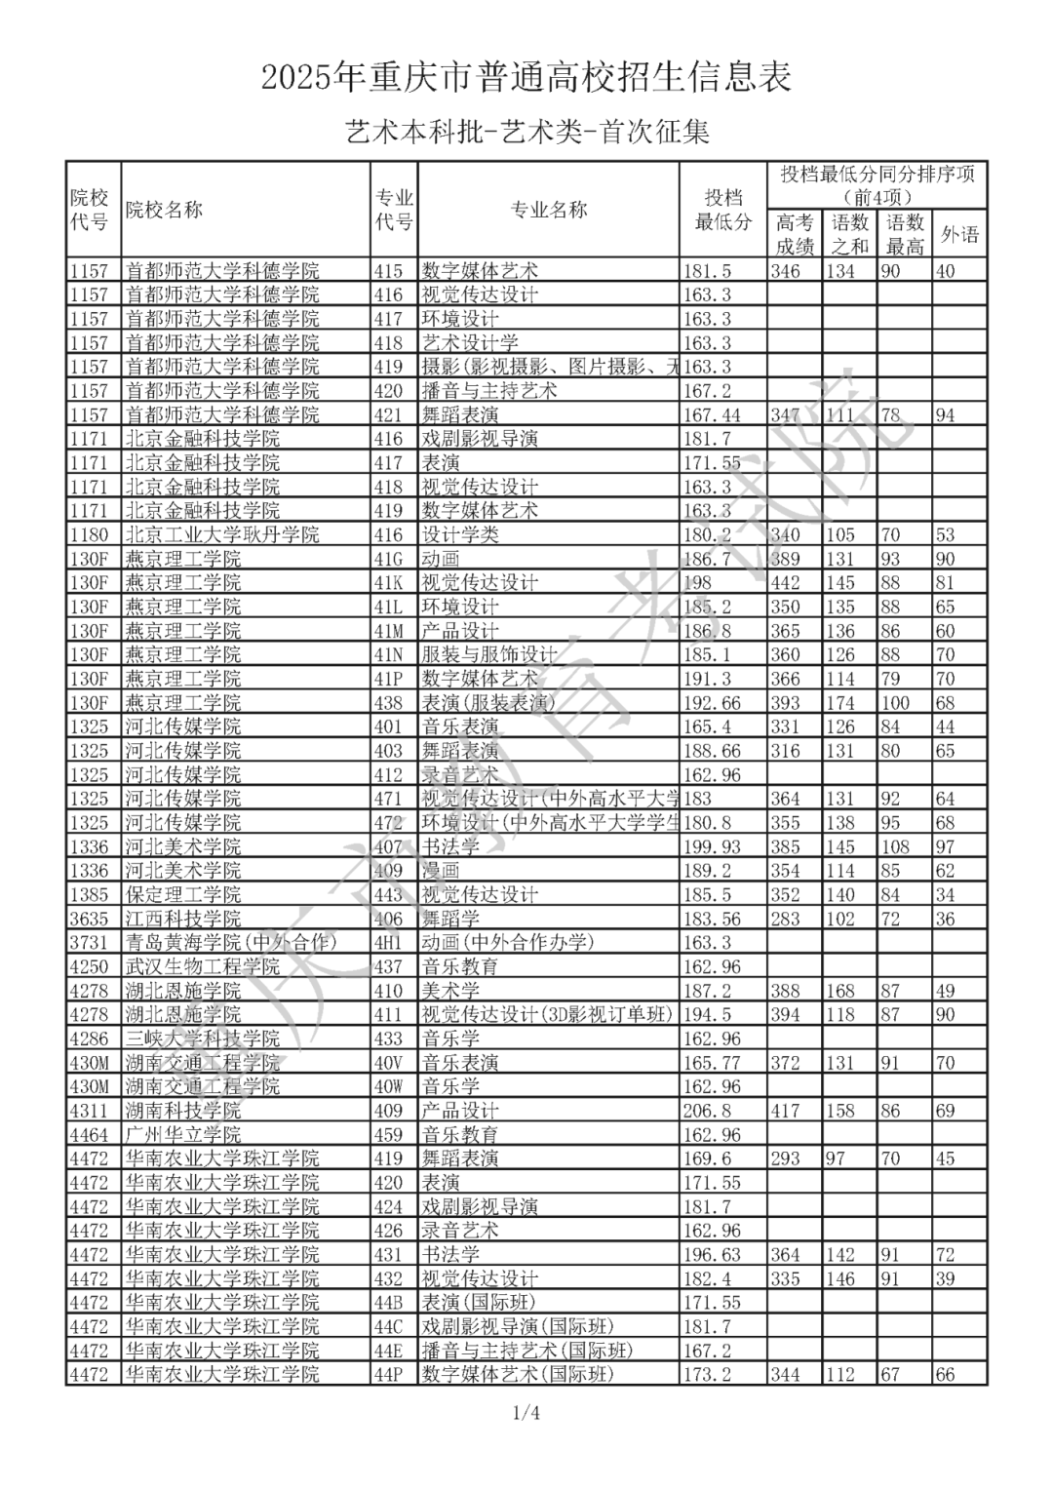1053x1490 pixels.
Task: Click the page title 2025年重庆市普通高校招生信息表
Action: pos(526,77)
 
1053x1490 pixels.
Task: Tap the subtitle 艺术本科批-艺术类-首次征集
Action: pos(526,132)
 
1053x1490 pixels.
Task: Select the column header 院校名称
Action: pos(164,210)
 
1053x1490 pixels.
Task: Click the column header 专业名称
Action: pos(549,210)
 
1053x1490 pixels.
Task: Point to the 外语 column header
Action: pos(959,234)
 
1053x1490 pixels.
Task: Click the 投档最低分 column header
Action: pos(722,210)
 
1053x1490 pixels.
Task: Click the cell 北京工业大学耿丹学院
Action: pos(222,535)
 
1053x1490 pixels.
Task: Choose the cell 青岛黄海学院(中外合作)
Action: pos(231,943)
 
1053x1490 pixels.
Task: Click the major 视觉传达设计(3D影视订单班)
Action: pos(547,1015)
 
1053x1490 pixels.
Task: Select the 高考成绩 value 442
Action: pos(785,583)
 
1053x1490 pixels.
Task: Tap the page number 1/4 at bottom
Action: pos(526,1413)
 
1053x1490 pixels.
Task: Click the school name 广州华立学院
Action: pos(183,1135)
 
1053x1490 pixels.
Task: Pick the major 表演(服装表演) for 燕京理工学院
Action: pos(488,703)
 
